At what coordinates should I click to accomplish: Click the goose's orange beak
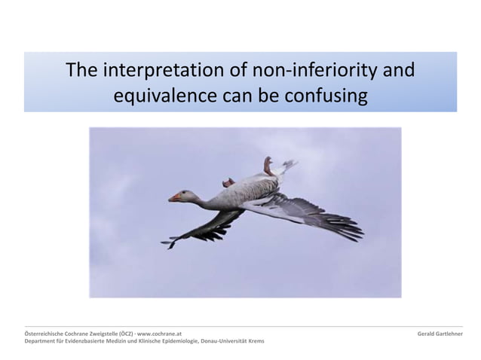coord(174,197)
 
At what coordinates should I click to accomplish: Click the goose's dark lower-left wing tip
coord(170,243)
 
